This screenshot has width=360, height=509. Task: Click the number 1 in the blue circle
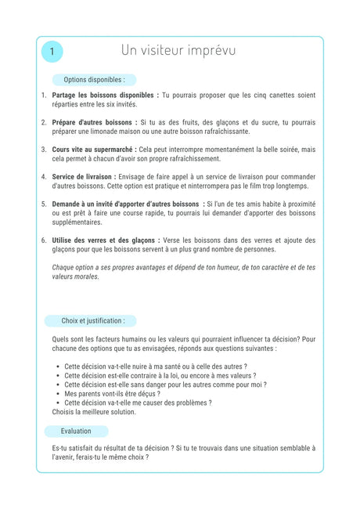(52, 52)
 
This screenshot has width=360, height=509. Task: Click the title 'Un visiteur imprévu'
(178, 51)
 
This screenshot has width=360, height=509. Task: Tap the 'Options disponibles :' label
(94, 80)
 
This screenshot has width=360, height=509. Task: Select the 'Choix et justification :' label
(93, 320)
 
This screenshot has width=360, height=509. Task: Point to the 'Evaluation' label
(76, 431)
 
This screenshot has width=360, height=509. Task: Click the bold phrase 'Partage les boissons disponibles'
(104, 95)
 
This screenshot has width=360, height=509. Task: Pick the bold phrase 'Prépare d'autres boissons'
(94, 122)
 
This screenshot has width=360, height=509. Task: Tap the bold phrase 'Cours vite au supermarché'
(93, 149)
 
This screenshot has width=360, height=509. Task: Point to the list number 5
(44, 204)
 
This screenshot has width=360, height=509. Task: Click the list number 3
(44, 149)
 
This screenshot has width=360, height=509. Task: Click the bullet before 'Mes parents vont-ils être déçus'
(59, 394)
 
